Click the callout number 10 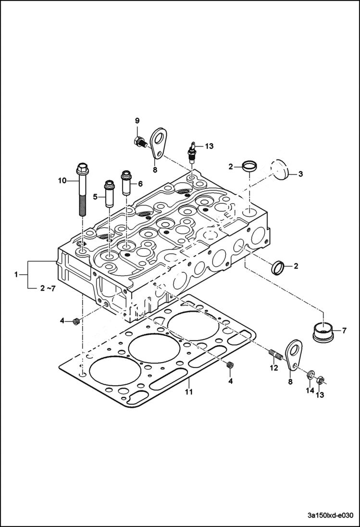[62, 181]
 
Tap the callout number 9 [137, 120]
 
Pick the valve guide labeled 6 [127, 181]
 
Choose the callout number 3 [300, 174]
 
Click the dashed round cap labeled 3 [279, 169]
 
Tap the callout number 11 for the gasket [189, 392]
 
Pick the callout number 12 [274, 368]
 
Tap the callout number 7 [344, 331]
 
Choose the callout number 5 [95, 196]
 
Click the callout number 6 [140, 183]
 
